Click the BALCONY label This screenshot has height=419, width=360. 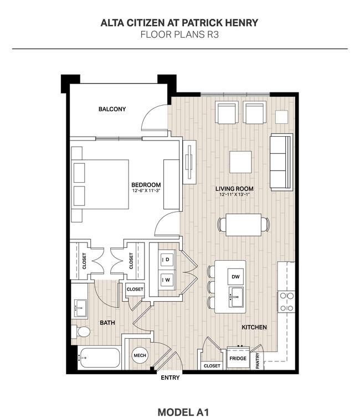[112, 109]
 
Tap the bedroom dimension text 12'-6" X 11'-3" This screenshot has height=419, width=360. [146, 191]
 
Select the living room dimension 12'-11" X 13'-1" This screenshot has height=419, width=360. [234, 194]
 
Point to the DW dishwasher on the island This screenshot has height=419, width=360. [235, 277]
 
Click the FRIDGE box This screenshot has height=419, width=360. [238, 358]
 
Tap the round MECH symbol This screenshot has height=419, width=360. [140, 355]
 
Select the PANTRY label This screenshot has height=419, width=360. [258, 361]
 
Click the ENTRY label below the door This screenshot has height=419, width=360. [170, 377]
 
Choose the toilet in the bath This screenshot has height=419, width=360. [81, 332]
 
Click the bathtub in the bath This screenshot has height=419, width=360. [99, 358]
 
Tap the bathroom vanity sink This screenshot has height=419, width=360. [80, 308]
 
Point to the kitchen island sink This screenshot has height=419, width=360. [236, 297]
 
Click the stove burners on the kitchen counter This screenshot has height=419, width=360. [286, 302]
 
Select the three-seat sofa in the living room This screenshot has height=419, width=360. [281, 162]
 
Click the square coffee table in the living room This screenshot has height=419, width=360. [240, 162]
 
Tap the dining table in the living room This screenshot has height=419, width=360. [243, 225]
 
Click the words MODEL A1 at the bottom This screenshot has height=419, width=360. [183, 412]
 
